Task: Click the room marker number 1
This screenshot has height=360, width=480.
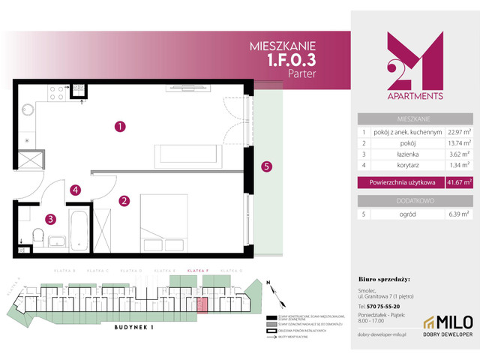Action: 119,127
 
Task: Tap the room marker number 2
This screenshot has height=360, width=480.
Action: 124,200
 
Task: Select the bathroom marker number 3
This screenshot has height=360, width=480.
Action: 50,220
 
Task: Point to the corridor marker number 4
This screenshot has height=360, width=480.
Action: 75,190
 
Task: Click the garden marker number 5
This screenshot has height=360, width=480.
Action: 265,167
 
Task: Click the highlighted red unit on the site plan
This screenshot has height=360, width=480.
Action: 200,303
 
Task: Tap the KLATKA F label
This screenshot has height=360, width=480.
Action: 197,268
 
